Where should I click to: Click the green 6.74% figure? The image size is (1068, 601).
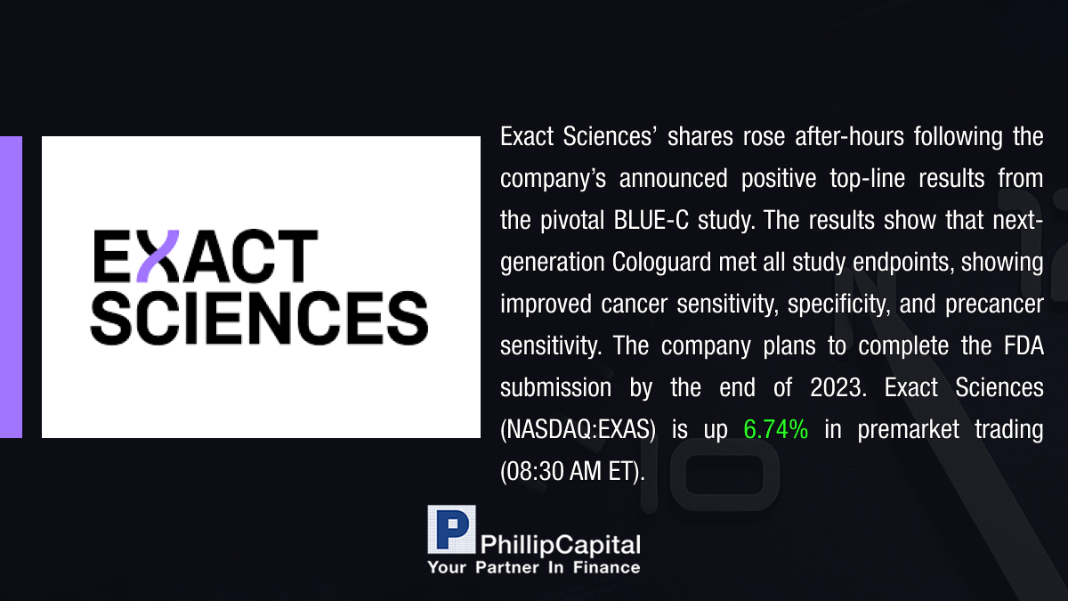point(776,429)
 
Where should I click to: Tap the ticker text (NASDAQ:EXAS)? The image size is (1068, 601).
point(578,430)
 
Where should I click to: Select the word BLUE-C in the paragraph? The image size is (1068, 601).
point(651,221)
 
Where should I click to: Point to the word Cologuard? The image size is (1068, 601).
point(661,263)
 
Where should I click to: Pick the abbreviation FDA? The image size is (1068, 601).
point(1023,345)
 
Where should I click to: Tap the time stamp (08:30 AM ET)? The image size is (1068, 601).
point(572,472)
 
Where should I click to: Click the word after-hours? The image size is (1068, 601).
point(849,137)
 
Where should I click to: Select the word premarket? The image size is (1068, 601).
point(909,430)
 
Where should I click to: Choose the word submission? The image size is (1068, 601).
point(555,388)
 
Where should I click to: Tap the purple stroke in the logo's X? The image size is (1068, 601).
point(158,256)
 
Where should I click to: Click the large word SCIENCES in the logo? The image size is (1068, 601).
point(259,318)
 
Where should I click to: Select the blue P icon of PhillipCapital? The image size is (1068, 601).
point(451,530)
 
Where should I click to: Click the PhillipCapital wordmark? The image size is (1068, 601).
point(560,545)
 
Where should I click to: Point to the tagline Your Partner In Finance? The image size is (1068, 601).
point(534,568)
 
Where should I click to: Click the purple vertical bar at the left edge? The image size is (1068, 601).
point(11,287)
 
